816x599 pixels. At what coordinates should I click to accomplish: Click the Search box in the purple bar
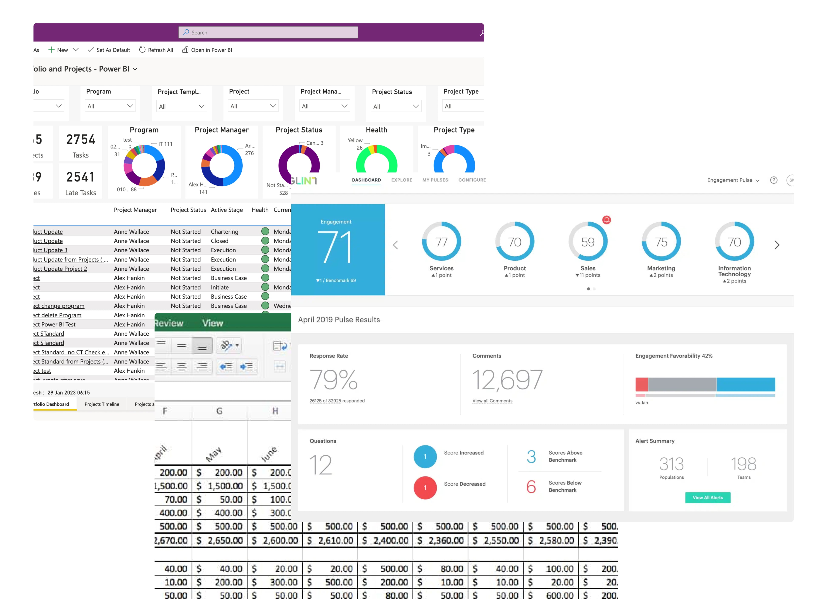point(268,32)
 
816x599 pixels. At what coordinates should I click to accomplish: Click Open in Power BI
point(207,50)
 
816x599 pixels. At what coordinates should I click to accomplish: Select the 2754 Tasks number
point(81,140)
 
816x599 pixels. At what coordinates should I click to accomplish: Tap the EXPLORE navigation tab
point(401,180)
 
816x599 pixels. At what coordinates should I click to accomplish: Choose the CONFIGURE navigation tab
point(472,180)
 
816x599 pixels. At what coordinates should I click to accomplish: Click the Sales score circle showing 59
point(588,242)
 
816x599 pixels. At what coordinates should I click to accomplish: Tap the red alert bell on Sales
point(606,220)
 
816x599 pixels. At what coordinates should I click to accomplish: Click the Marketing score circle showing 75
point(661,242)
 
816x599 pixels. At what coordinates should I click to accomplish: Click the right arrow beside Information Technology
point(776,245)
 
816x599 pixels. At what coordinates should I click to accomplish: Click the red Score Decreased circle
point(425,488)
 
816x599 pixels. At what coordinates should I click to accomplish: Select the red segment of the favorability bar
point(641,384)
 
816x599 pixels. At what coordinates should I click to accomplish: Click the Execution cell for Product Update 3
point(223,250)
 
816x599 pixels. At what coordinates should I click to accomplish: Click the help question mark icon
point(773,180)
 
